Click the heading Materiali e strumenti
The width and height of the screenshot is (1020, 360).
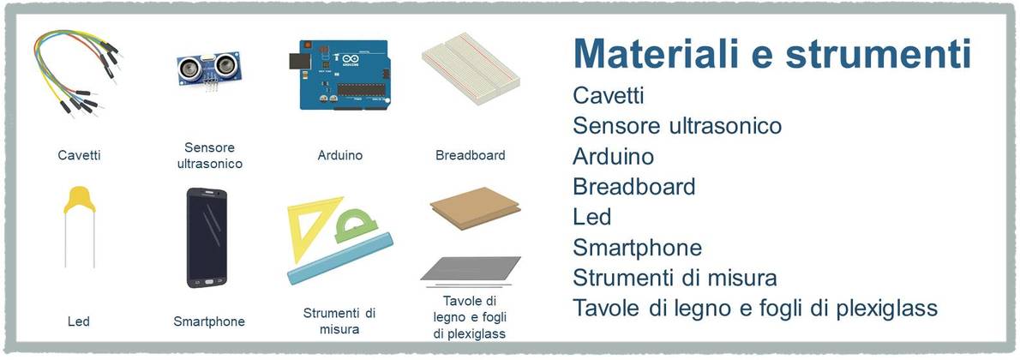point(771,53)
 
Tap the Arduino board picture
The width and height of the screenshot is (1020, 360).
point(339,75)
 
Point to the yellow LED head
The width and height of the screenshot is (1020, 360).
point(80,200)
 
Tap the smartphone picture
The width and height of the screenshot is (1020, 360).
point(207,237)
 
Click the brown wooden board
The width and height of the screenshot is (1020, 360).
point(476,207)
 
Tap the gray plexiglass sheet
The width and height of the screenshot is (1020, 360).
point(471,269)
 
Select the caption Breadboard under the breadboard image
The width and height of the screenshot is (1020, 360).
point(471,156)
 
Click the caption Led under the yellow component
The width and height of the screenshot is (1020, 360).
point(79,321)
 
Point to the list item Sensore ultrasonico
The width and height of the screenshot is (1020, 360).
point(677,126)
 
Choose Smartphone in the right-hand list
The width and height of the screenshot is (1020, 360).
point(638,248)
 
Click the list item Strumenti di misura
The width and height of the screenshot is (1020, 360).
point(675,278)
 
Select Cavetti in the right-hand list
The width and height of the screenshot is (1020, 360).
point(609,95)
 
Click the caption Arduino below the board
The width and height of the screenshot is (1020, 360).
point(340,156)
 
